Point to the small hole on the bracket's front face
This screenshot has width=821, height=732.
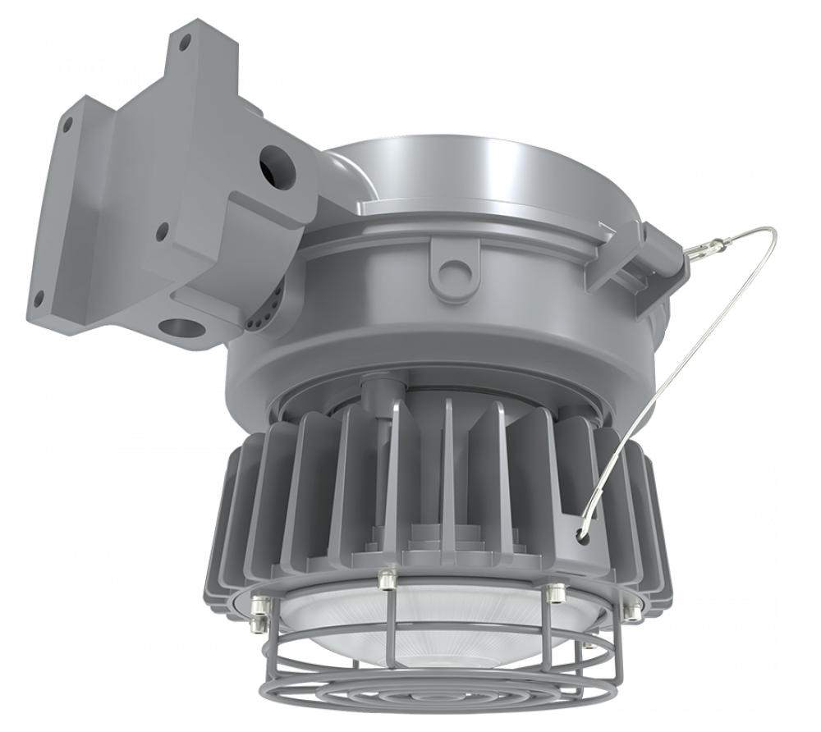point(163,232)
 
